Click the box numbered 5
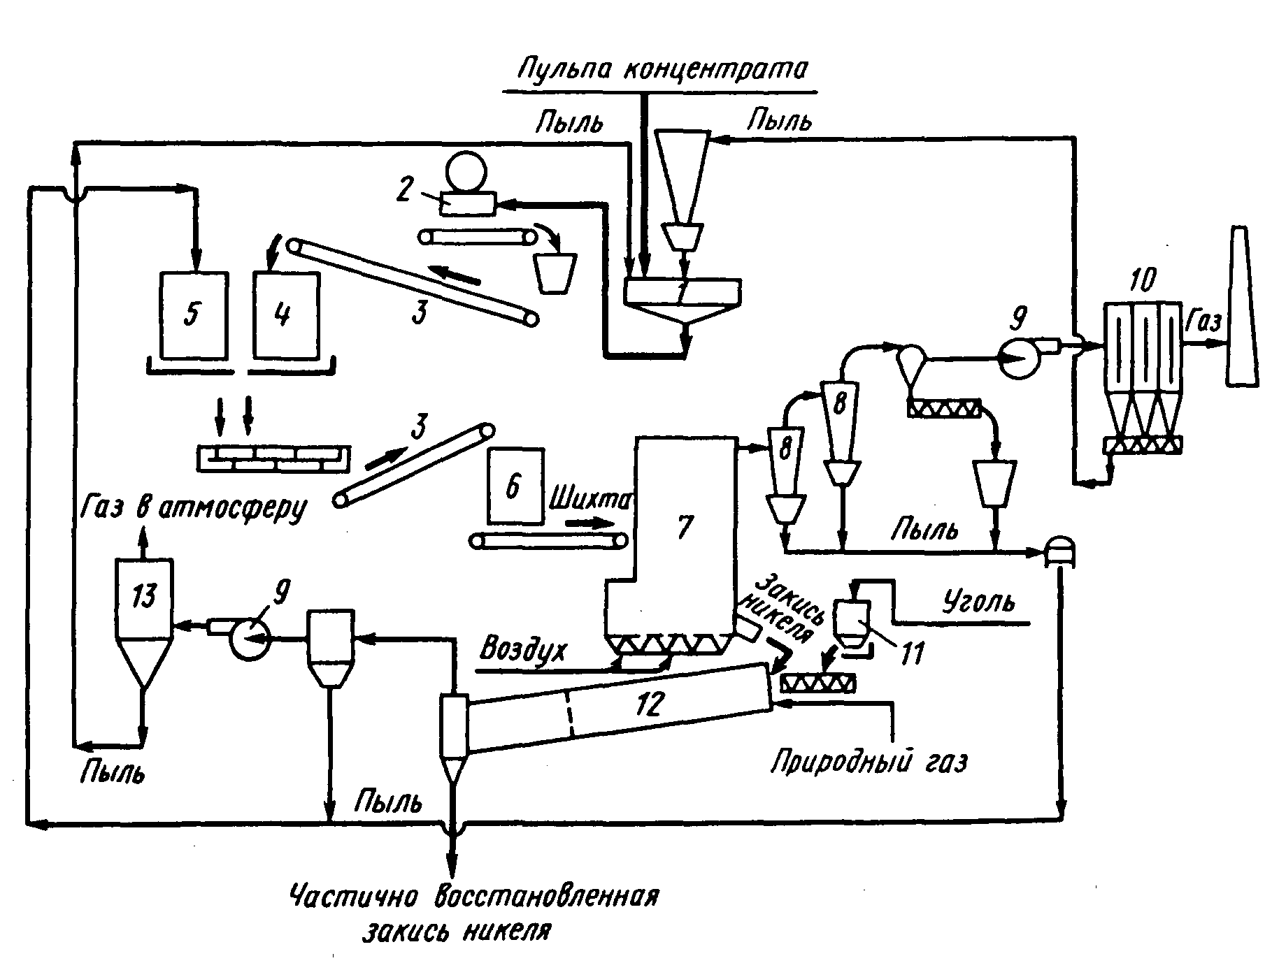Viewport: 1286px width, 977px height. [x=193, y=315]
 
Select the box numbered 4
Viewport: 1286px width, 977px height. [x=286, y=315]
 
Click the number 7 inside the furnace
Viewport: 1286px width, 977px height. [x=683, y=526]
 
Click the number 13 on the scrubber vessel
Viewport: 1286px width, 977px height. [x=143, y=597]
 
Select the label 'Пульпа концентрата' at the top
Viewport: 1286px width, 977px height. [x=662, y=71]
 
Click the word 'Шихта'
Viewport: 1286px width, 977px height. [x=591, y=501]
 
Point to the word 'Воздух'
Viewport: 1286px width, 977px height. [x=523, y=649]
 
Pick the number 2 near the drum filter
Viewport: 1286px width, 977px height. [x=404, y=190]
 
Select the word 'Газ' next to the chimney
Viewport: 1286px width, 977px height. [x=1203, y=321]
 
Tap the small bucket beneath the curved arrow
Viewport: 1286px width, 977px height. [x=555, y=272]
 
